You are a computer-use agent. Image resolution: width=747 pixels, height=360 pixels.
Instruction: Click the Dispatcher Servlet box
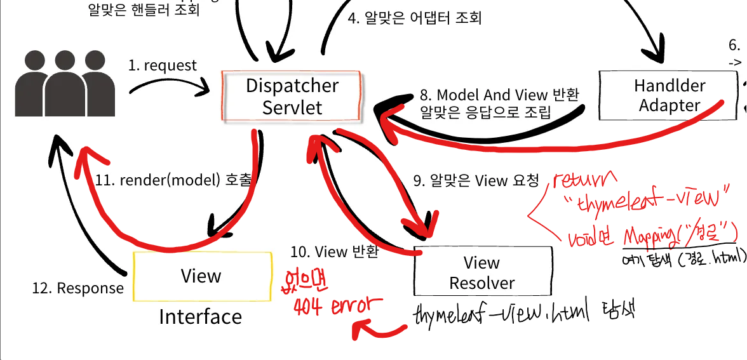(292, 97)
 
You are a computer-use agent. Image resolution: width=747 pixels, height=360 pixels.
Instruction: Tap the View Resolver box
(481, 272)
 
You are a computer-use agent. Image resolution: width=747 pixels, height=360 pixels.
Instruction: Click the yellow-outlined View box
(201, 276)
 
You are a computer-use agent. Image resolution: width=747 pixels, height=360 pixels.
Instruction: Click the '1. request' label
(163, 65)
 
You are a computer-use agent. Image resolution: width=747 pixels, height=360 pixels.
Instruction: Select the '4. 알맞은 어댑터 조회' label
(415, 18)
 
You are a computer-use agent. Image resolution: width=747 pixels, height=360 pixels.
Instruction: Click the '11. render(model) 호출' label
(173, 180)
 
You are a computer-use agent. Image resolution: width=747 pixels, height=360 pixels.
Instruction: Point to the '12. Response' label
(78, 288)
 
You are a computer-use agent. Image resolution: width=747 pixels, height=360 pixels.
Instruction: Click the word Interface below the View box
(200, 317)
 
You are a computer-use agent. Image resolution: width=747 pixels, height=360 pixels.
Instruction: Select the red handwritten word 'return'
(585, 180)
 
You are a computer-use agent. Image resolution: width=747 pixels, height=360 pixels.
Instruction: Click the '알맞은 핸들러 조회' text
(144, 10)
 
